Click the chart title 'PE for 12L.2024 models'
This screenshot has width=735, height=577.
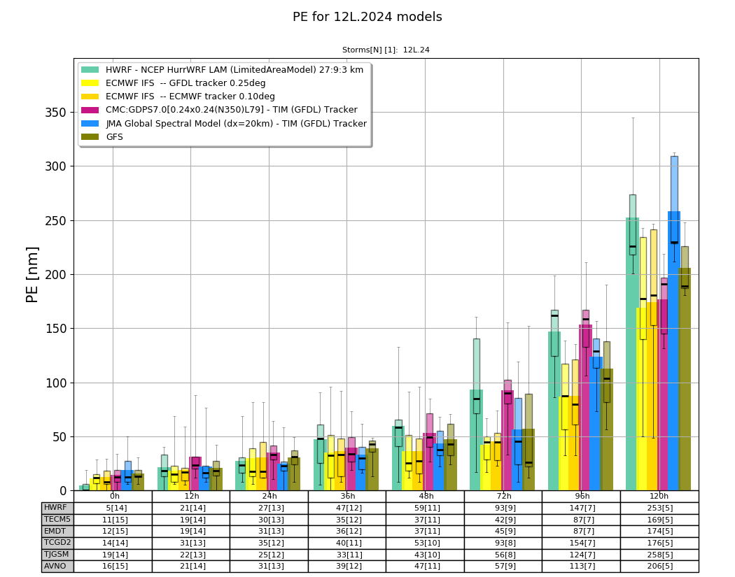[x=367, y=17]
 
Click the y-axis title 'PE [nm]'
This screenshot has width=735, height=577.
[x=32, y=275]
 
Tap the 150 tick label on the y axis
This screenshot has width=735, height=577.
[x=56, y=329]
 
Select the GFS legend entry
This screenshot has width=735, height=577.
[x=102, y=137]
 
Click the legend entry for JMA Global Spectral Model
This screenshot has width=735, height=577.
[x=224, y=123]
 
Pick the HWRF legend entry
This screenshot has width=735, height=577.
[x=222, y=70]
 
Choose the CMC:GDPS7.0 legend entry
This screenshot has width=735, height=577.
[x=219, y=110]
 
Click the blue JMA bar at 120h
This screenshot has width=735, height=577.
[x=674, y=351]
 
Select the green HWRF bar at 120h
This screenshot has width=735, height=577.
[x=632, y=354]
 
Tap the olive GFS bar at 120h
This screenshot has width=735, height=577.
[x=685, y=379]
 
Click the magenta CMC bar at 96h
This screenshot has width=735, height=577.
[x=586, y=408]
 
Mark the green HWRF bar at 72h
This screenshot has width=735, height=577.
[x=476, y=440]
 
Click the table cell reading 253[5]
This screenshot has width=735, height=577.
[x=659, y=508]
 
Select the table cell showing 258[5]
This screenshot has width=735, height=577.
[x=659, y=555]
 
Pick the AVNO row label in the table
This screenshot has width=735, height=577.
[x=55, y=566]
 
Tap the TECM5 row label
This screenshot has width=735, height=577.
[x=57, y=520]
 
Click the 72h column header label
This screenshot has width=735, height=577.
[x=504, y=496]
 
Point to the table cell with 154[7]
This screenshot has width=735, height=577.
[x=581, y=543]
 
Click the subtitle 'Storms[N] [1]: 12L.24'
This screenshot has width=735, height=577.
[x=386, y=50]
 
